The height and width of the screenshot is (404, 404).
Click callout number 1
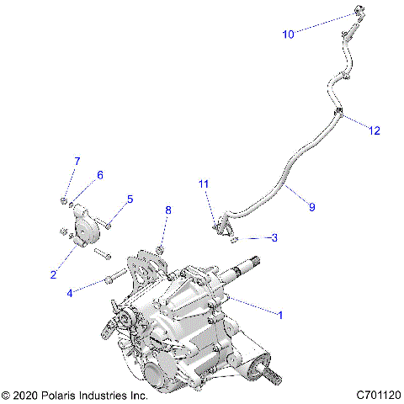(280, 314)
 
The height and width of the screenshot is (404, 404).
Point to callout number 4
(71, 293)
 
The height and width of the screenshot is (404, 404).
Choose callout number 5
(130, 199)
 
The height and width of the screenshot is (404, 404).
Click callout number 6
(99, 175)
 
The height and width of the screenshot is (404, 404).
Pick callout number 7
(77, 161)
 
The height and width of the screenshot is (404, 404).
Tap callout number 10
(288, 35)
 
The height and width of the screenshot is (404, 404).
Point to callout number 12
(375, 130)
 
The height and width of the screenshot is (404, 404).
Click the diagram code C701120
(378, 394)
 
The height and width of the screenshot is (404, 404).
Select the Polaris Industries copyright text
(76, 394)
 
